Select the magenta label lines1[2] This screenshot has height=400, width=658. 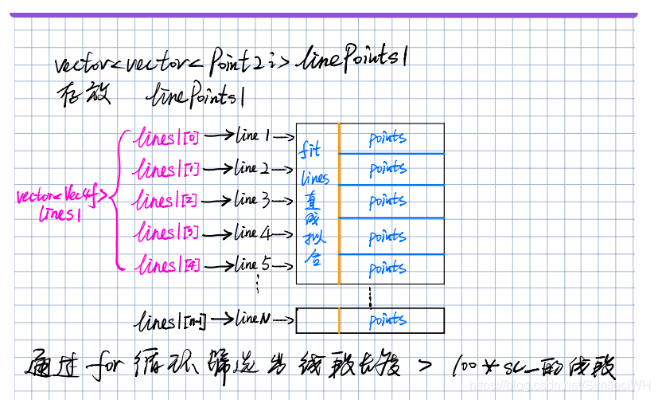pos(167,201)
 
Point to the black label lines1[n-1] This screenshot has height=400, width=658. pos(172,321)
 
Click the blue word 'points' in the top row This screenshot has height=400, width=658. pos(387,139)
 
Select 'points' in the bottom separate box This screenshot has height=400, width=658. pos(387,320)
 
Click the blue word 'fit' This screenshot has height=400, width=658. pos(310,150)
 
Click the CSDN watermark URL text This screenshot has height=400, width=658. pos(561,385)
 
